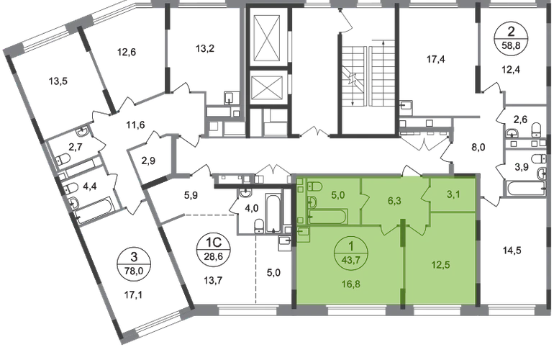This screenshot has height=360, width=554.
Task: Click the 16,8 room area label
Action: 351,283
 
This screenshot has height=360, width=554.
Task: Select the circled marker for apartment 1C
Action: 214,249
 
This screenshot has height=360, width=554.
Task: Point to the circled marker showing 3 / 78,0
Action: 134,264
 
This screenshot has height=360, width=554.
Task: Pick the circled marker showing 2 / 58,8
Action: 511,38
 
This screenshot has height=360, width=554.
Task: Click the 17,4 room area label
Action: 435,59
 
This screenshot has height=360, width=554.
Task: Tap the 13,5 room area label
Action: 58,81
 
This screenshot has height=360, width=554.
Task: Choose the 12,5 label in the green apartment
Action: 441,264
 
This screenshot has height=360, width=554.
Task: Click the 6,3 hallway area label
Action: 394,201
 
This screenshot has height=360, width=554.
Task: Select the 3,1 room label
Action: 453,194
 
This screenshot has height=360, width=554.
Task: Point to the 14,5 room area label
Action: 512,251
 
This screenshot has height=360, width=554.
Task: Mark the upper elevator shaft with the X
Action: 270,38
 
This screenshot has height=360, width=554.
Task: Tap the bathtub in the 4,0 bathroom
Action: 273,214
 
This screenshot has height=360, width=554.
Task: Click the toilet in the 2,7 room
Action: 63,160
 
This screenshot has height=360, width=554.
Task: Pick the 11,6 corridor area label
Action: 136,125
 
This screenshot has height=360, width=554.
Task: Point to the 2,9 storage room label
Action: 148,161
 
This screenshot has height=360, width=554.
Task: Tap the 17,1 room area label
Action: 134,294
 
